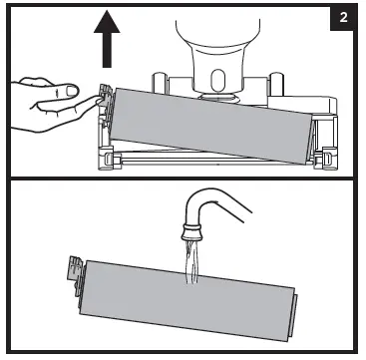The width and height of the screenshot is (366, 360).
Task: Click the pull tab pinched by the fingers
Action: point(104,95)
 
